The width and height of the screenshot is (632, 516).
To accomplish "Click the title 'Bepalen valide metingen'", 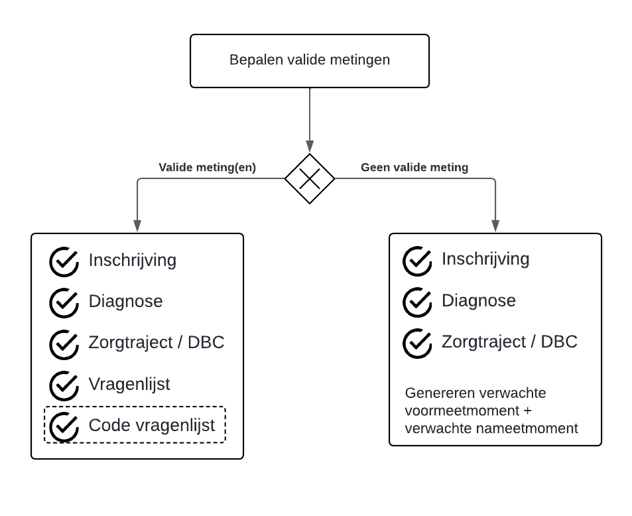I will coord(310,60).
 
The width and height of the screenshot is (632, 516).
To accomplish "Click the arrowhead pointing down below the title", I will coord(310,146).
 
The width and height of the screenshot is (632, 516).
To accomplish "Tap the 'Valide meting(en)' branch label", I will coord(207,168).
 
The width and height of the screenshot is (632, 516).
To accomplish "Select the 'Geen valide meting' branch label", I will coord(414,168).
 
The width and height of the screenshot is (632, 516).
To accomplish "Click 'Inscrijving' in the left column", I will coord(133,260).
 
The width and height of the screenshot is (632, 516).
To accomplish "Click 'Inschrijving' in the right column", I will coord(485,259).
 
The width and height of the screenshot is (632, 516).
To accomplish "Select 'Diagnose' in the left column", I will coord(125,301).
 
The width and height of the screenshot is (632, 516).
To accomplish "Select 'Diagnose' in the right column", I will coord(479,300).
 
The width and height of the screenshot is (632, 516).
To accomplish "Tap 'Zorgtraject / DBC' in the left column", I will coord(157,342).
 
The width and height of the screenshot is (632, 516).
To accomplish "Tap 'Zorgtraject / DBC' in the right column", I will coord(509,342).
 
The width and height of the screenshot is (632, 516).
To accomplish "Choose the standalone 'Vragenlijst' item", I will coord(129,384).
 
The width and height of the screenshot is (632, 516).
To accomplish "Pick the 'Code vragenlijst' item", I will coord(152,425).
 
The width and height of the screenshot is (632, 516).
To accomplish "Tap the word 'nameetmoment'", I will coord(537,428).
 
